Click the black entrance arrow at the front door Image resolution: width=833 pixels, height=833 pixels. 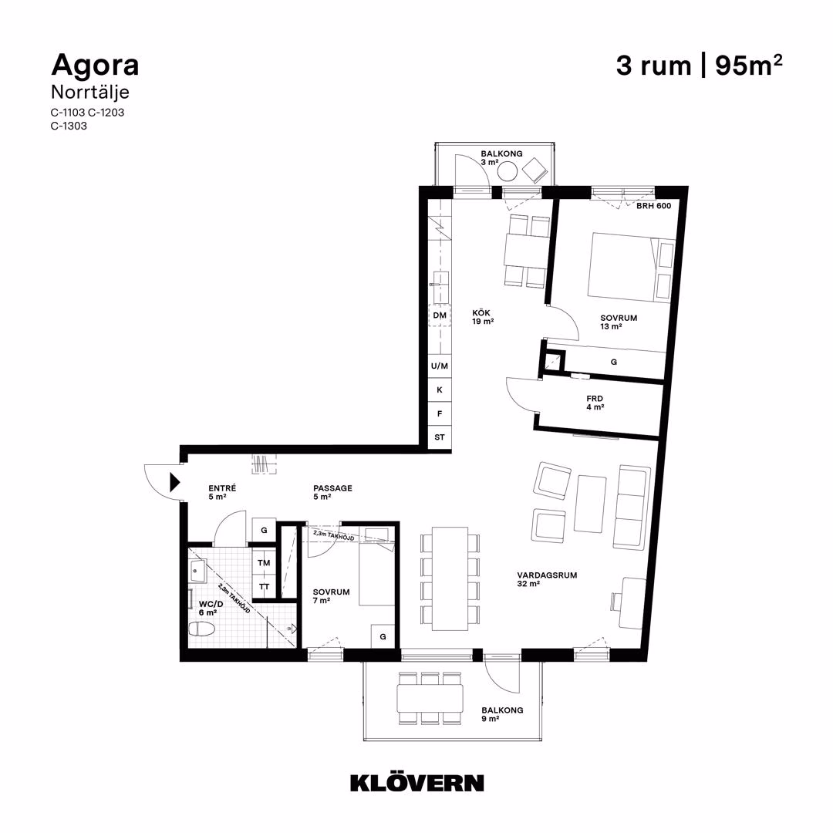click(175, 482)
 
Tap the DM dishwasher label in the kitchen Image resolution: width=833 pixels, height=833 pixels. click(440, 315)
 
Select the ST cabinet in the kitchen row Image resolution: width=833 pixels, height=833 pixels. click(440, 438)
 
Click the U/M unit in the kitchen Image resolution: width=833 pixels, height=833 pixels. click(440, 366)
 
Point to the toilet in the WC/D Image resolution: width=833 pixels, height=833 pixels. click(202, 629)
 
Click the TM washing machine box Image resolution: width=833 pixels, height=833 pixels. click(264, 562)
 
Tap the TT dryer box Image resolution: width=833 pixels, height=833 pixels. click(264, 586)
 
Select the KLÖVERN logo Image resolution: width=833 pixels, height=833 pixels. click(417, 783)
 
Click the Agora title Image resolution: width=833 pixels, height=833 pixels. click(95, 66)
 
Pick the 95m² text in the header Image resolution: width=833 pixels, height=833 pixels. click(749, 66)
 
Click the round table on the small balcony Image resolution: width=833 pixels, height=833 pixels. click(508, 171)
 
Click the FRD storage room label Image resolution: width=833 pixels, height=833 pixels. click(595, 399)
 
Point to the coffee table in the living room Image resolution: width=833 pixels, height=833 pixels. click(590, 504)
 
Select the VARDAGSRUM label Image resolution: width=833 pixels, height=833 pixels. click(547, 575)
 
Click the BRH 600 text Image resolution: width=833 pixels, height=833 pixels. click(654, 206)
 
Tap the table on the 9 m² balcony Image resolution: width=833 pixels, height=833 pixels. click(430, 698)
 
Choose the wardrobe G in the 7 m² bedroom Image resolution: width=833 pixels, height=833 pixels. click(383, 636)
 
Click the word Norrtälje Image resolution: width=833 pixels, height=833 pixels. click(90, 93)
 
